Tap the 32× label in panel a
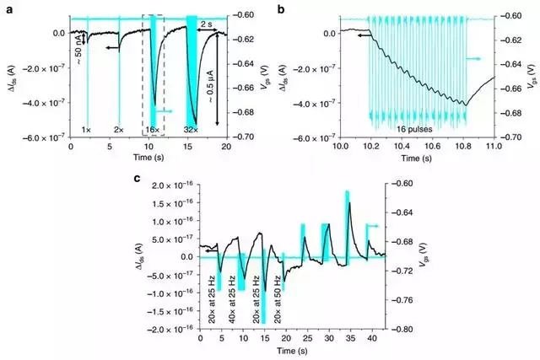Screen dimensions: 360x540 pos(191,129)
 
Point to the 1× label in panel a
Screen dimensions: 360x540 pos(86,129)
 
